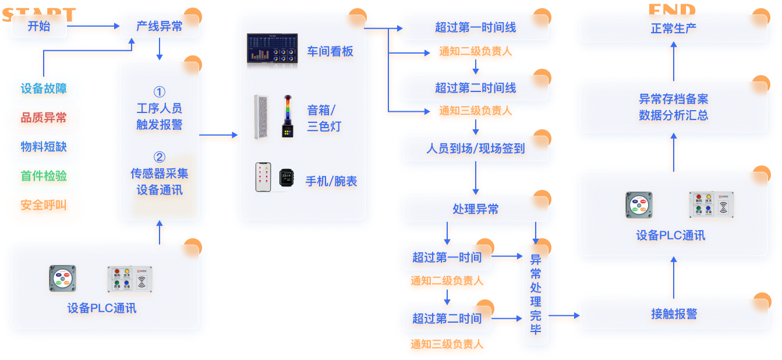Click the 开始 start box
[39, 26]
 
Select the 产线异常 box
[159, 26]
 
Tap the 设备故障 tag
[44, 89]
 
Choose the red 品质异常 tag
[44, 118]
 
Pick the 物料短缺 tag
[44, 147]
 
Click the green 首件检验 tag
[44, 176]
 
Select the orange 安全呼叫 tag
[44, 205]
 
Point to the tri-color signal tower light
[287, 117]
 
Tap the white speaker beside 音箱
[260, 117]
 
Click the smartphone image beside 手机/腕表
[263, 177]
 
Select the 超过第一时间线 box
[475, 27]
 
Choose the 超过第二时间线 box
[475, 88]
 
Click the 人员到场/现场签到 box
[475, 149]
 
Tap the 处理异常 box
[475, 209]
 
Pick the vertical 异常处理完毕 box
[536, 295]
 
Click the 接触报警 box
[673, 314]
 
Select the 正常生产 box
[673, 28]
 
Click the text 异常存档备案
[673, 99]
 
